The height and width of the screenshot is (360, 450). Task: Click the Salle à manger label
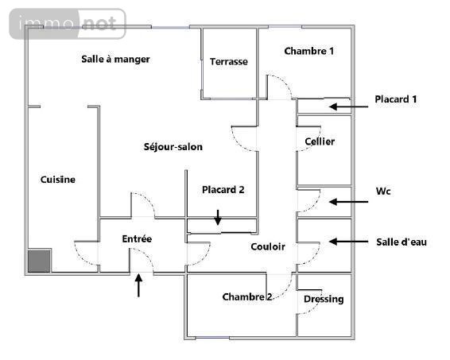(x=115, y=59)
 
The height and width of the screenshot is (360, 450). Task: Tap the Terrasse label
(x=229, y=61)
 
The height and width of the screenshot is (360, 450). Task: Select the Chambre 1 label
(x=308, y=51)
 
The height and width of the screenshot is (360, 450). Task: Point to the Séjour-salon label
(x=173, y=146)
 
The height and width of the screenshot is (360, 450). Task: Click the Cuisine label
(x=58, y=180)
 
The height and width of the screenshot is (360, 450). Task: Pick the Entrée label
(x=137, y=238)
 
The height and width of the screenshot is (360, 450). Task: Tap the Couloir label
(x=268, y=246)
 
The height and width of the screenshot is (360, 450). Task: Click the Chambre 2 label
(x=246, y=296)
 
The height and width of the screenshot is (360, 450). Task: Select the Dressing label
(x=324, y=299)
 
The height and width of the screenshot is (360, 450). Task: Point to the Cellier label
(x=320, y=141)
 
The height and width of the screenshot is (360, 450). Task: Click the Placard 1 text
(x=395, y=99)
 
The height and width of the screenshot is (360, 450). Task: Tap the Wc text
(x=383, y=191)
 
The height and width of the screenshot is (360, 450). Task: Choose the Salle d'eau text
(x=402, y=242)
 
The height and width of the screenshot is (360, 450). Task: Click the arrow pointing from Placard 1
(x=348, y=106)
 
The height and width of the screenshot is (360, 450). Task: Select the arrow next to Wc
(x=348, y=202)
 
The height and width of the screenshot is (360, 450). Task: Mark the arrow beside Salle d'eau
(x=348, y=242)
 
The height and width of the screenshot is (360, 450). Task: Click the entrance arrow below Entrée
(x=138, y=285)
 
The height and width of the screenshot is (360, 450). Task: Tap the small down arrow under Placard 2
(x=218, y=218)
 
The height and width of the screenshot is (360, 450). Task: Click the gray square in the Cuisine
(x=39, y=261)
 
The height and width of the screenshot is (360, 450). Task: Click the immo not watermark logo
(x=68, y=24)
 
